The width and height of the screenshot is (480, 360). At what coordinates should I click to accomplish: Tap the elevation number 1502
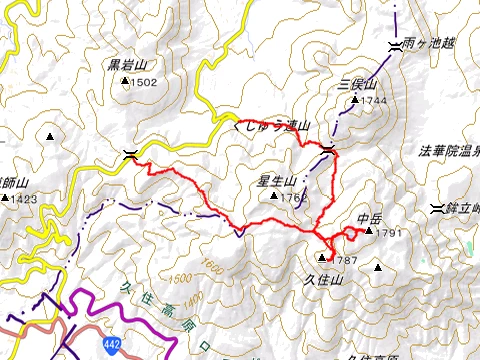(x=144, y=82)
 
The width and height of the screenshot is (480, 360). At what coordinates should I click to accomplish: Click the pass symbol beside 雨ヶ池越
(x=394, y=47)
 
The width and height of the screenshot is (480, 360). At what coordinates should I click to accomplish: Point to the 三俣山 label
(x=356, y=85)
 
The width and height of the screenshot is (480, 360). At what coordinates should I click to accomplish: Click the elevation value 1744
(x=373, y=101)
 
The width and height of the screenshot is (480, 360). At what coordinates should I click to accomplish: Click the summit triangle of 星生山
(x=274, y=196)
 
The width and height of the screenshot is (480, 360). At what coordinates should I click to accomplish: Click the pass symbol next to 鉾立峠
(x=436, y=208)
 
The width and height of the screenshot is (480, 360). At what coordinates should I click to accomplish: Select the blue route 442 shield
(x=111, y=345)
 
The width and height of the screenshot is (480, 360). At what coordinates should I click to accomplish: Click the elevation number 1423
(x=26, y=199)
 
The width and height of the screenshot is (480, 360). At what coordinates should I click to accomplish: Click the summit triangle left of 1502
(x=126, y=83)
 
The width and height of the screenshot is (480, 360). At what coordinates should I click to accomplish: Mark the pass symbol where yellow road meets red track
(x=129, y=154)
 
